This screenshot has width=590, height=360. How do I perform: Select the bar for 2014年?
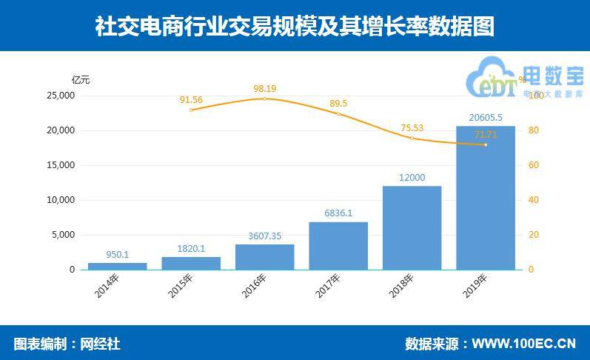[x=118, y=266]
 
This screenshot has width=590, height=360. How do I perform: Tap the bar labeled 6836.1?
[x=338, y=246]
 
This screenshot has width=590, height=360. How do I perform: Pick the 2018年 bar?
[x=412, y=227]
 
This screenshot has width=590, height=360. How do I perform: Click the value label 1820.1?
[x=191, y=249]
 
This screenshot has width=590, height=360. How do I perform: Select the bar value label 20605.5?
[x=486, y=117]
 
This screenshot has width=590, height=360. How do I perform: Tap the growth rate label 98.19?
[x=265, y=89]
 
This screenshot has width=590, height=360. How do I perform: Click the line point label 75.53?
[x=412, y=127]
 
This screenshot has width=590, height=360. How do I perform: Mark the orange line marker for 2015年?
[x=191, y=110]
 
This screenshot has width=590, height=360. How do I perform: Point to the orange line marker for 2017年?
[x=338, y=114]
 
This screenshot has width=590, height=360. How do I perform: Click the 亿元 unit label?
[x=80, y=79]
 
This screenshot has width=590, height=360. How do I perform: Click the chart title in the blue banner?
[x=295, y=26]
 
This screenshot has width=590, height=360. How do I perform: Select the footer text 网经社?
[x=99, y=344]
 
